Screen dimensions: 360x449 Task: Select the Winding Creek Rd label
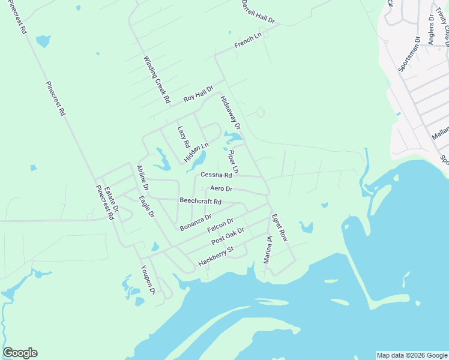[157, 79]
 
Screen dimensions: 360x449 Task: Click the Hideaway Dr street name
[230, 113]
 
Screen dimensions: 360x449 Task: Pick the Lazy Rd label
[184, 137]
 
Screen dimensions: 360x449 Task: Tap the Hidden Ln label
[196, 152]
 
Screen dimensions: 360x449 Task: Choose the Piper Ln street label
[233, 162]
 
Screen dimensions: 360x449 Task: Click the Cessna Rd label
[216, 175]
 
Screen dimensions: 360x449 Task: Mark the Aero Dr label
[221, 189]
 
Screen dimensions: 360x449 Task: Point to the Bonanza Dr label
[196, 222]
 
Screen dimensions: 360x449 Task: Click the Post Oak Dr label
[228, 236]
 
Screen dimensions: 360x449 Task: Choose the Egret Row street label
[279, 228]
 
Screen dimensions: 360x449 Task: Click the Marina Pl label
[268, 250]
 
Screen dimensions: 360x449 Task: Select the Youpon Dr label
[148, 280]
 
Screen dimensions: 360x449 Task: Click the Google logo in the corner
[20, 353]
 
